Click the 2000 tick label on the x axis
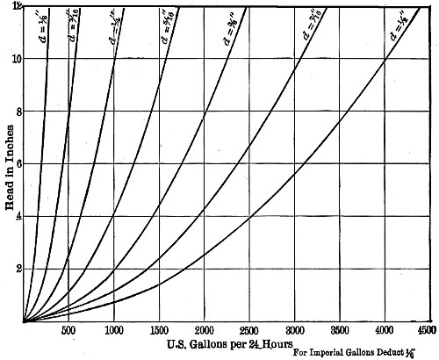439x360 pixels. coord(205,332)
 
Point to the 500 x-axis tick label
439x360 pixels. coord(68,332)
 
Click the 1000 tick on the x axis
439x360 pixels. coord(113,332)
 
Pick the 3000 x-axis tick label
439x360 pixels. coord(294,332)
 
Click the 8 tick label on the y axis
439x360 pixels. coord(14,112)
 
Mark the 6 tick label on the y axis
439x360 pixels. coord(14,164)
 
